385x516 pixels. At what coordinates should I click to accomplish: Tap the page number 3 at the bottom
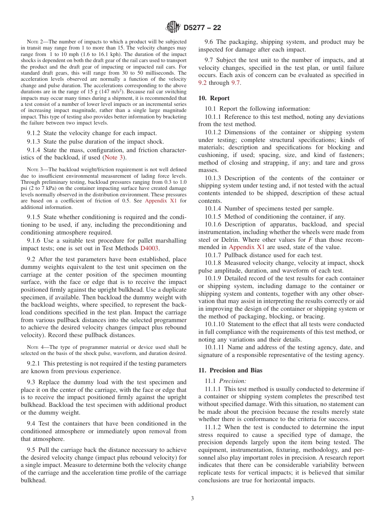(x=192, y=498)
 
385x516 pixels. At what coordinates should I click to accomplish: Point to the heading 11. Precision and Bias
(x=230, y=370)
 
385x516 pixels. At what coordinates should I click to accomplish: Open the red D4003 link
(x=149, y=248)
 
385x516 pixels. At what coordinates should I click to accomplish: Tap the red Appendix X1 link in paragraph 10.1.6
(x=247, y=247)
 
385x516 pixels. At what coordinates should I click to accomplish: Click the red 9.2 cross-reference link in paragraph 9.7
(x=203, y=83)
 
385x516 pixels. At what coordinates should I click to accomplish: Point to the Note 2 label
(x=34, y=42)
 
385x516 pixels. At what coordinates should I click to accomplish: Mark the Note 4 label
(x=34, y=347)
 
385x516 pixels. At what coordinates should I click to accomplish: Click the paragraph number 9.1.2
(x=35, y=133)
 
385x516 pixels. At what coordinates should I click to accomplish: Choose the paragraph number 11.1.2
(x=214, y=427)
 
